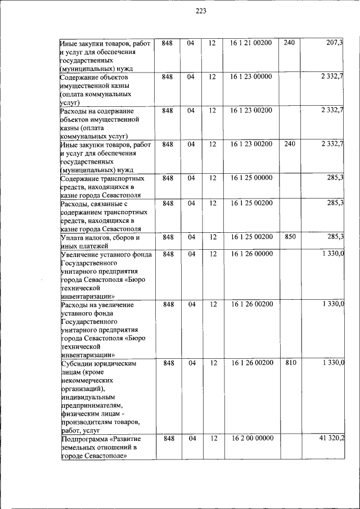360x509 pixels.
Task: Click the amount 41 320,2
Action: (331, 438)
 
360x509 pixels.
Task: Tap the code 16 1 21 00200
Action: (251, 43)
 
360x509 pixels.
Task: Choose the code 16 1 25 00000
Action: (251, 178)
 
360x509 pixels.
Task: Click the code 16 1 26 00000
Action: (251, 254)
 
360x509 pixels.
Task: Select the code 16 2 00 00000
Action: (251, 438)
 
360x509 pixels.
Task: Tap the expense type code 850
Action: (290, 237)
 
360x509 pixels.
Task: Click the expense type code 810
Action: (290, 363)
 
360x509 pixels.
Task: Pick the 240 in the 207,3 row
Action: (289, 43)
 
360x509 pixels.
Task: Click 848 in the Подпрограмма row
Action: (168, 438)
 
